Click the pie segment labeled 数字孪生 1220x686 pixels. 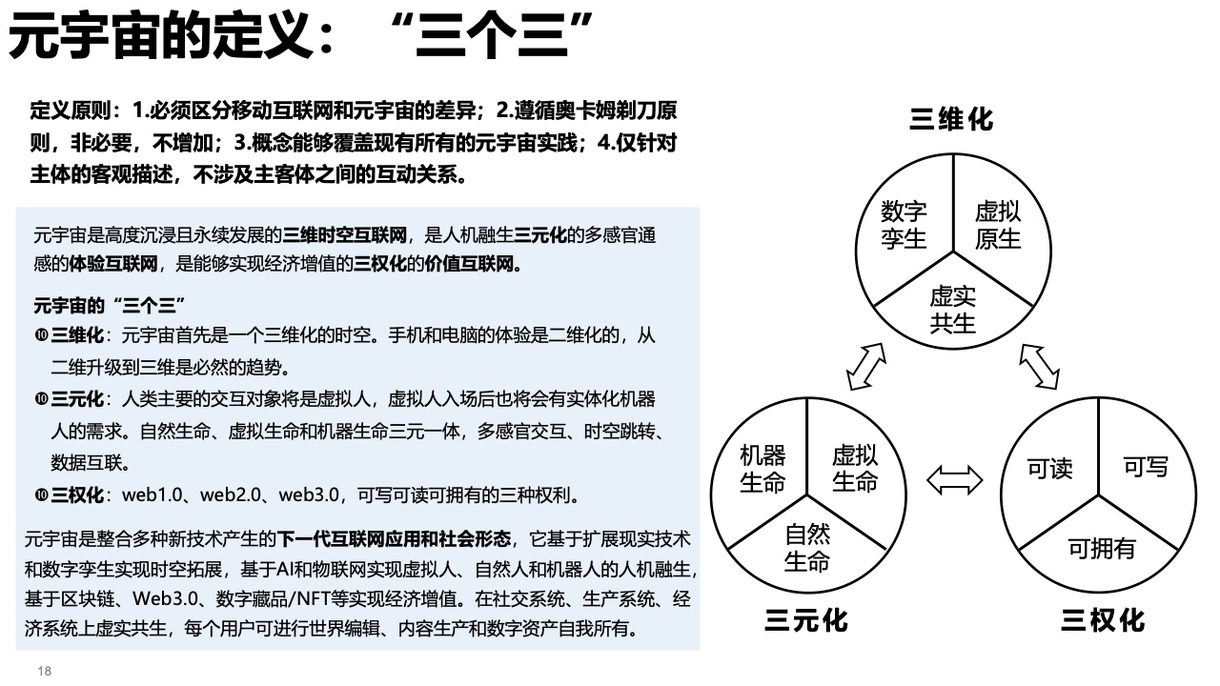point(904,225)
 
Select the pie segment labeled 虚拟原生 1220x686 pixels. point(998,225)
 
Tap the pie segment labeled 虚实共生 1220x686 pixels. point(952,309)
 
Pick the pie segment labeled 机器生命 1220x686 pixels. point(762,468)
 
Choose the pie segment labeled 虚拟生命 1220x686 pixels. point(854,468)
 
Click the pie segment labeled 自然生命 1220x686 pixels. point(807,548)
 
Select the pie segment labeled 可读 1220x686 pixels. point(1049,468)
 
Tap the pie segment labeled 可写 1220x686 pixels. point(1146,467)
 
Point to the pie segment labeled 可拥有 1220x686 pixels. point(1101,549)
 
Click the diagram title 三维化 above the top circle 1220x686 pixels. point(951,119)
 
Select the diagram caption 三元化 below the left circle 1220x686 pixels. point(805,621)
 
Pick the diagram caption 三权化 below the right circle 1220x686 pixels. point(1103,621)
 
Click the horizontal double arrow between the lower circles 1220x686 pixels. point(954,479)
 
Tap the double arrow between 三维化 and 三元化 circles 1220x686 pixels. point(866,366)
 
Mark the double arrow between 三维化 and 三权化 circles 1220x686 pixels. point(1039,366)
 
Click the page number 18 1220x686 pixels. point(44,672)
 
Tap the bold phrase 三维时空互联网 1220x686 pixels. point(345,234)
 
